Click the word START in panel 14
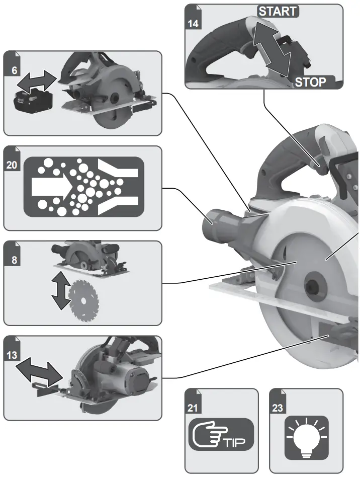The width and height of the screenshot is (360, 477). [x=278, y=11]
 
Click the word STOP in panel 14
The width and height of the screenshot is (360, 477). [x=310, y=82]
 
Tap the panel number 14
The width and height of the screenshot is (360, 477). [x=193, y=24]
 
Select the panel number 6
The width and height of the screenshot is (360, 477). [x=14, y=70]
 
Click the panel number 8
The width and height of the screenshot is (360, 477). [x=14, y=261]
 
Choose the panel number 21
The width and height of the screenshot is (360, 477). [x=193, y=409]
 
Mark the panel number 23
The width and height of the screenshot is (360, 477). [x=278, y=409]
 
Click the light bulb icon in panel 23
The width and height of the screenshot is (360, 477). [x=306, y=437]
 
